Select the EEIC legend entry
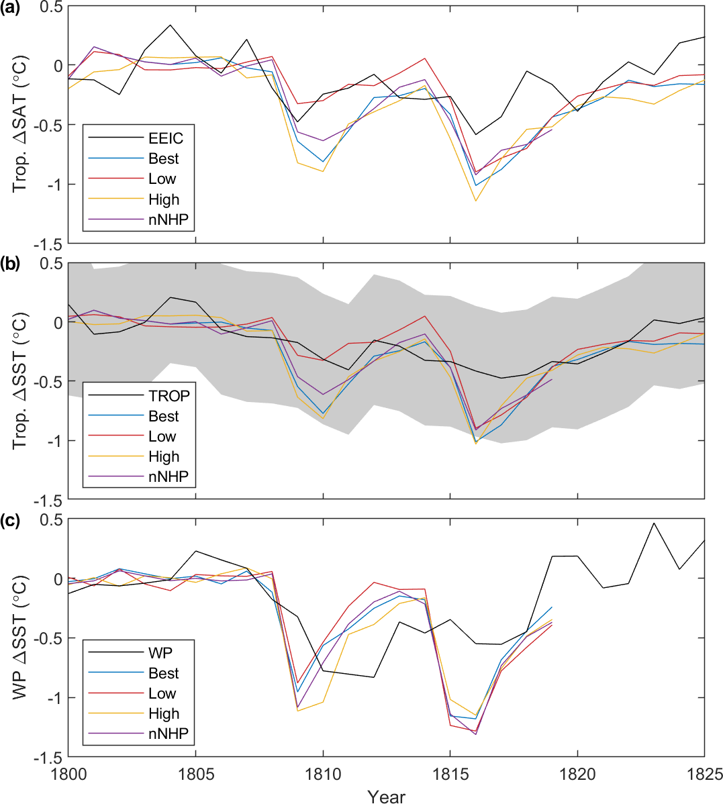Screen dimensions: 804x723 [166, 139]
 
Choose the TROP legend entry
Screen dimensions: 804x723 [169, 396]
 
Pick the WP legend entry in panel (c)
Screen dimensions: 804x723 [161, 653]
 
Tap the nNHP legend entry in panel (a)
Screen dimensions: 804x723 [168, 219]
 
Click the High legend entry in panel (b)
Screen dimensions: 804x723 [164, 456]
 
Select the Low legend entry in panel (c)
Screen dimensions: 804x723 [162, 693]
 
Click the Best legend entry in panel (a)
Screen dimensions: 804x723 [164, 159]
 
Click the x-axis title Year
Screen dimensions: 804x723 [387, 795]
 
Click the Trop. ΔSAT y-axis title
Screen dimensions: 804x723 [21, 125]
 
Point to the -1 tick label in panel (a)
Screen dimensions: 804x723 [53, 184]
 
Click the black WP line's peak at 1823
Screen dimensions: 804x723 [654, 523]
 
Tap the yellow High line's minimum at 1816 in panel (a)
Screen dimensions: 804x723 [475, 201]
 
